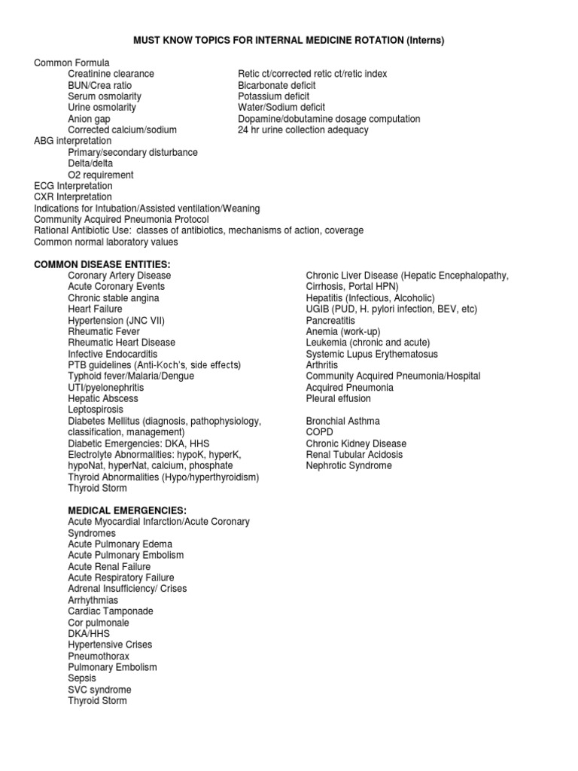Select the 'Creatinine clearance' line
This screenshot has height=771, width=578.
point(111,74)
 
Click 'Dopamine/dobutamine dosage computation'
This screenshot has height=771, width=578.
point(329,119)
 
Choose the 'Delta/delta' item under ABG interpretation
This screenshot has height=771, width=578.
point(90,163)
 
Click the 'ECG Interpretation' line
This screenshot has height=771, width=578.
point(73,186)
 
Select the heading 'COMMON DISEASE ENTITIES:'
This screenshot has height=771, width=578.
point(102,264)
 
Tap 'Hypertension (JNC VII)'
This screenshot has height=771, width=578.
point(116,320)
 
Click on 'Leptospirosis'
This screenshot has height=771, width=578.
point(96,410)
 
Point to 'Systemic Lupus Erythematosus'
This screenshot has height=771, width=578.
point(372,354)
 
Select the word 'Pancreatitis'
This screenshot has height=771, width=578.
point(330,320)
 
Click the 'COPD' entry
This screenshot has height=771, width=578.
point(319,432)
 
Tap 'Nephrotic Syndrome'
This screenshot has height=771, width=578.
point(348,466)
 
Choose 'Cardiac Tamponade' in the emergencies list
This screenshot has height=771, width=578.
point(110,611)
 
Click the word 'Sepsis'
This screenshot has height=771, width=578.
point(82,678)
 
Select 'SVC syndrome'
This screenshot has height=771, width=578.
point(99,690)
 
